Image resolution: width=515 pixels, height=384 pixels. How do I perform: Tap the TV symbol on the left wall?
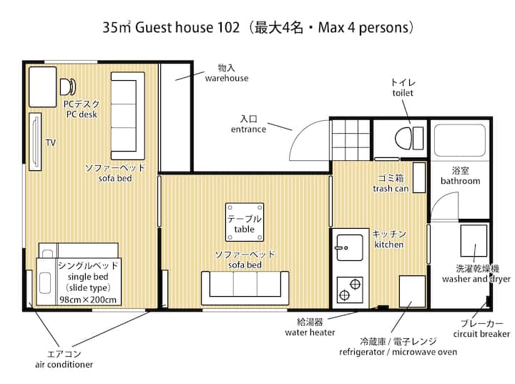tap(35, 142)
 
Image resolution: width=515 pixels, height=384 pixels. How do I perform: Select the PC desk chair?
tap(68, 87)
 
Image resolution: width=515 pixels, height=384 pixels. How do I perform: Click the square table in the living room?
tap(245, 222)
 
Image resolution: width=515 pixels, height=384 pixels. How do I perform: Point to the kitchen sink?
tap(349, 248)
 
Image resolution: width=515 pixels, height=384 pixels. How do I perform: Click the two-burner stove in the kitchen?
tap(350, 290)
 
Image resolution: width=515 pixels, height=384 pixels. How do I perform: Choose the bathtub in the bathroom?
tap(460, 140)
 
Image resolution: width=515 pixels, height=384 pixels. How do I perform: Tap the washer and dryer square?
tap(474, 241)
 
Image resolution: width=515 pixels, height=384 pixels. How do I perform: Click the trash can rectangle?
tap(419, 177)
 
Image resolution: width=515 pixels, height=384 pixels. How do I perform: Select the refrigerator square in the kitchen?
tap(412, 291)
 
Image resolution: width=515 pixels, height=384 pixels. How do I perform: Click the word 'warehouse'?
tap(227, 78)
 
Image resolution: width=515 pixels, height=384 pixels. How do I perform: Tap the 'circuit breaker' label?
tap(481, 334)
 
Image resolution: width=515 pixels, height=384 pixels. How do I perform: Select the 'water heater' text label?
tap(310, 333)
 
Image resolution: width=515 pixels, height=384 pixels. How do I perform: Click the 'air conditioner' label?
tap(64, 364)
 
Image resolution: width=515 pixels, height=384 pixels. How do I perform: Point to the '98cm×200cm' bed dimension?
tap(88, 300)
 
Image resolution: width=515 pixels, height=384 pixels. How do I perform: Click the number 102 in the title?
tap(228, 27)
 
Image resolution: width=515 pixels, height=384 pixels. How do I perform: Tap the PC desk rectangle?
tap(43, 87)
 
